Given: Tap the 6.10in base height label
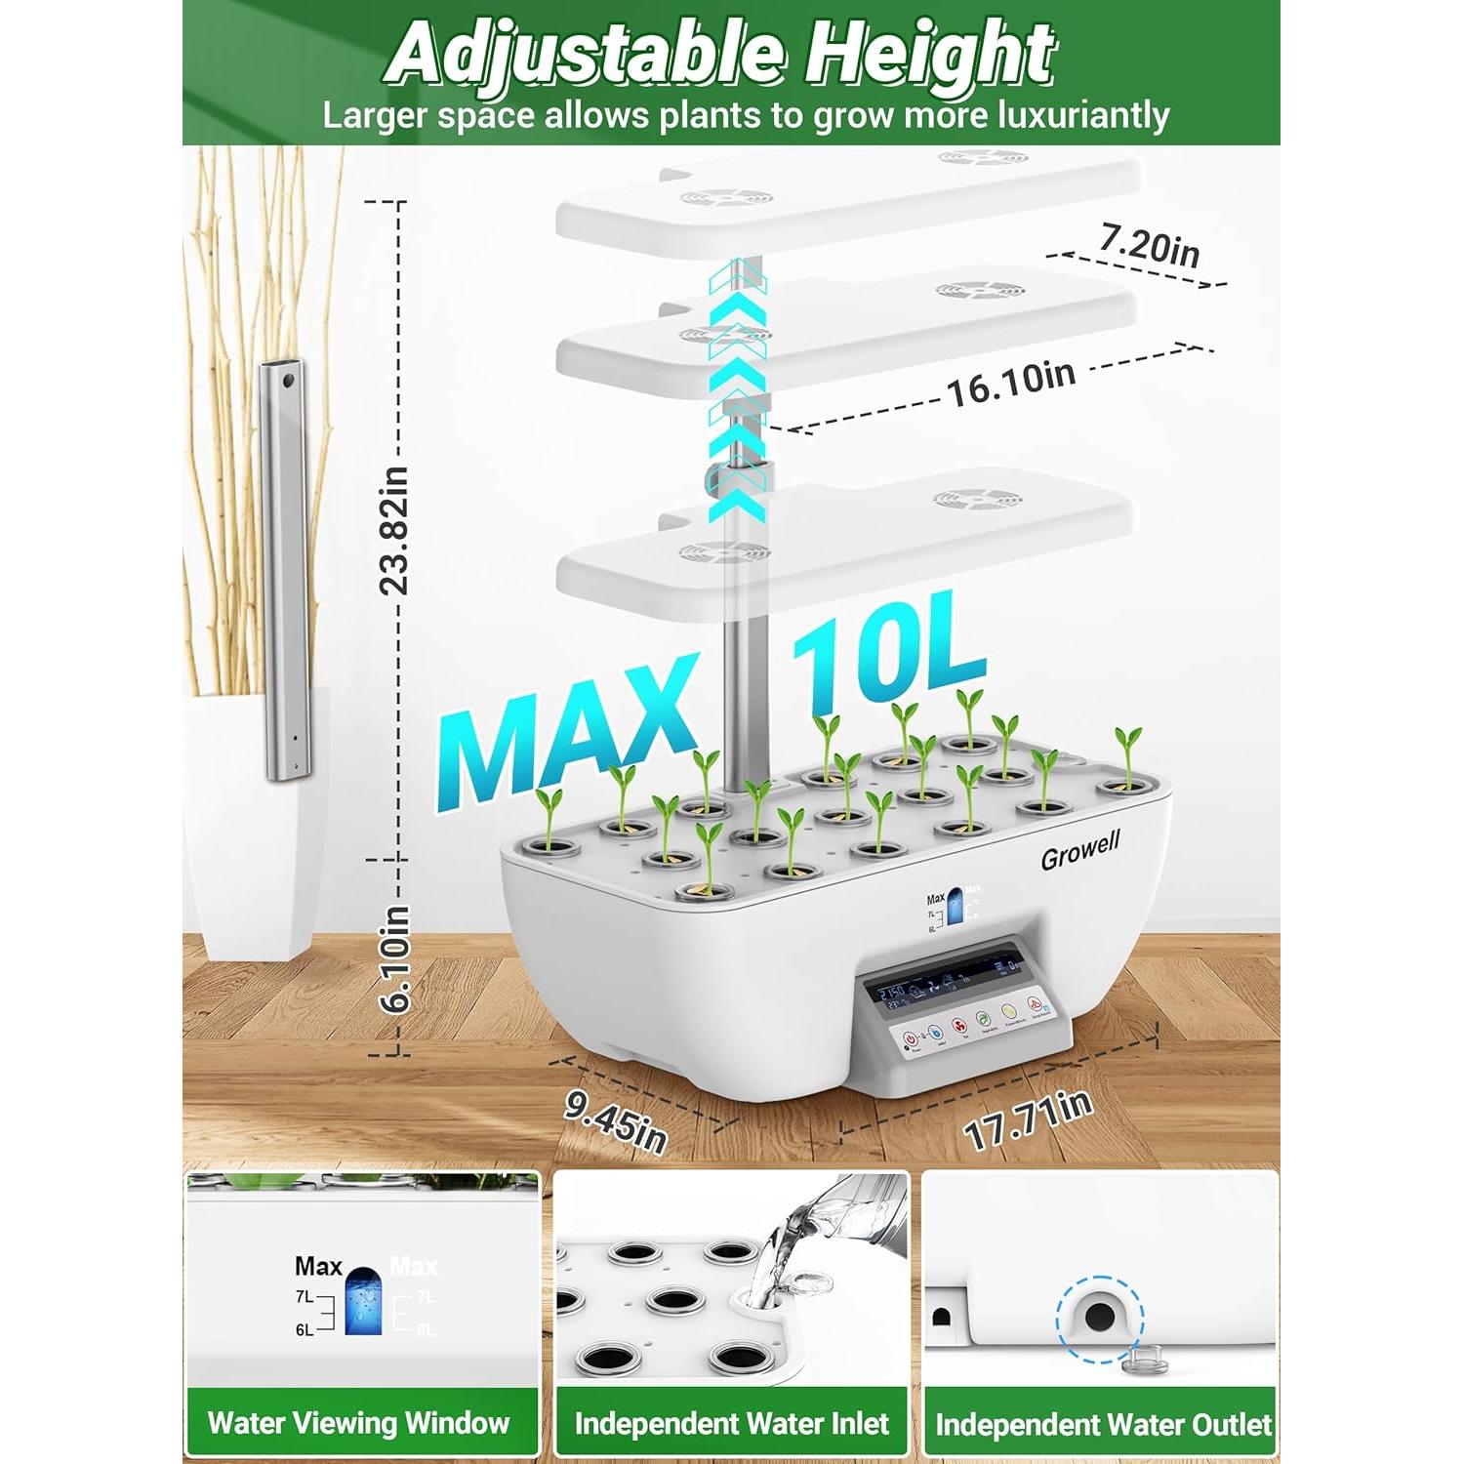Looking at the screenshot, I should click(x=395, y=958).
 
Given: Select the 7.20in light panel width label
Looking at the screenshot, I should click(x=1150, y=244).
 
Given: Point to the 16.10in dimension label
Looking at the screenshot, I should click(x=1011, y=383).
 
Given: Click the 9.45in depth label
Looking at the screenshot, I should click(x=616, y=1120).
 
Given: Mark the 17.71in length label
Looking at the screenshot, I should click(x=1027, y=1120).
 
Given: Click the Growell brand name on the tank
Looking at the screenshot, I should click(x=1079, y=850).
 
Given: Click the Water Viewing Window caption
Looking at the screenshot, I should click(x=358, y=1422).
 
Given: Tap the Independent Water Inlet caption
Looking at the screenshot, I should click(x=731, y=1423).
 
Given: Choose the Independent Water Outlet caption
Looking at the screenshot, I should click(x=1103, y=1424).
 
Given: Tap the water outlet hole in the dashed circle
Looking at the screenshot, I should click(x=1100, y=1317).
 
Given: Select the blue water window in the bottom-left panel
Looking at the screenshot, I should click(x=363, y=1302).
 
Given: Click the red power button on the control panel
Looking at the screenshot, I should click(x=911, y=1039).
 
